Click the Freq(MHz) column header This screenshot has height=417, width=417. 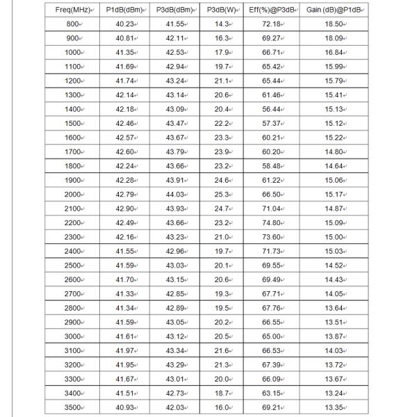[x=73, y=10]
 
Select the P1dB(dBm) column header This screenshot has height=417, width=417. [x=125, y=10]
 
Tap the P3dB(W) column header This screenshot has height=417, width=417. [x=222, y=10]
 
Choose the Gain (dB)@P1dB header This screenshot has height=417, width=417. [x=336, y=10]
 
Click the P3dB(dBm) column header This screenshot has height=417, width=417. [x=174, y=10]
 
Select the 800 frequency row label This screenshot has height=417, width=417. [x=73, y=24]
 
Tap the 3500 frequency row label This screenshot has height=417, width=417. [x=73, y=407]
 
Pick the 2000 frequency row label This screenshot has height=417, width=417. [x=73, y=194]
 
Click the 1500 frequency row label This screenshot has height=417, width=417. [x=73, y=123]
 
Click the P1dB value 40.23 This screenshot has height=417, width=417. [x=125, y=24]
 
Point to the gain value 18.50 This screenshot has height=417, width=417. [x=336, y=24]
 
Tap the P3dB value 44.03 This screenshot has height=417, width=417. [x=174, y=194]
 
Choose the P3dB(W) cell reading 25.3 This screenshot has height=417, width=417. [x=222, y=194]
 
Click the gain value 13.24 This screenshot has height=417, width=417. [x=336, y=393]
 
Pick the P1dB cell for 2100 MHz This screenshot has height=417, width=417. [x=125, y=208]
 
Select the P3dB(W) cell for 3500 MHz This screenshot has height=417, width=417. [x=222, y=407]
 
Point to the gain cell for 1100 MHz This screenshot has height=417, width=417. [x=336, y=66]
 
